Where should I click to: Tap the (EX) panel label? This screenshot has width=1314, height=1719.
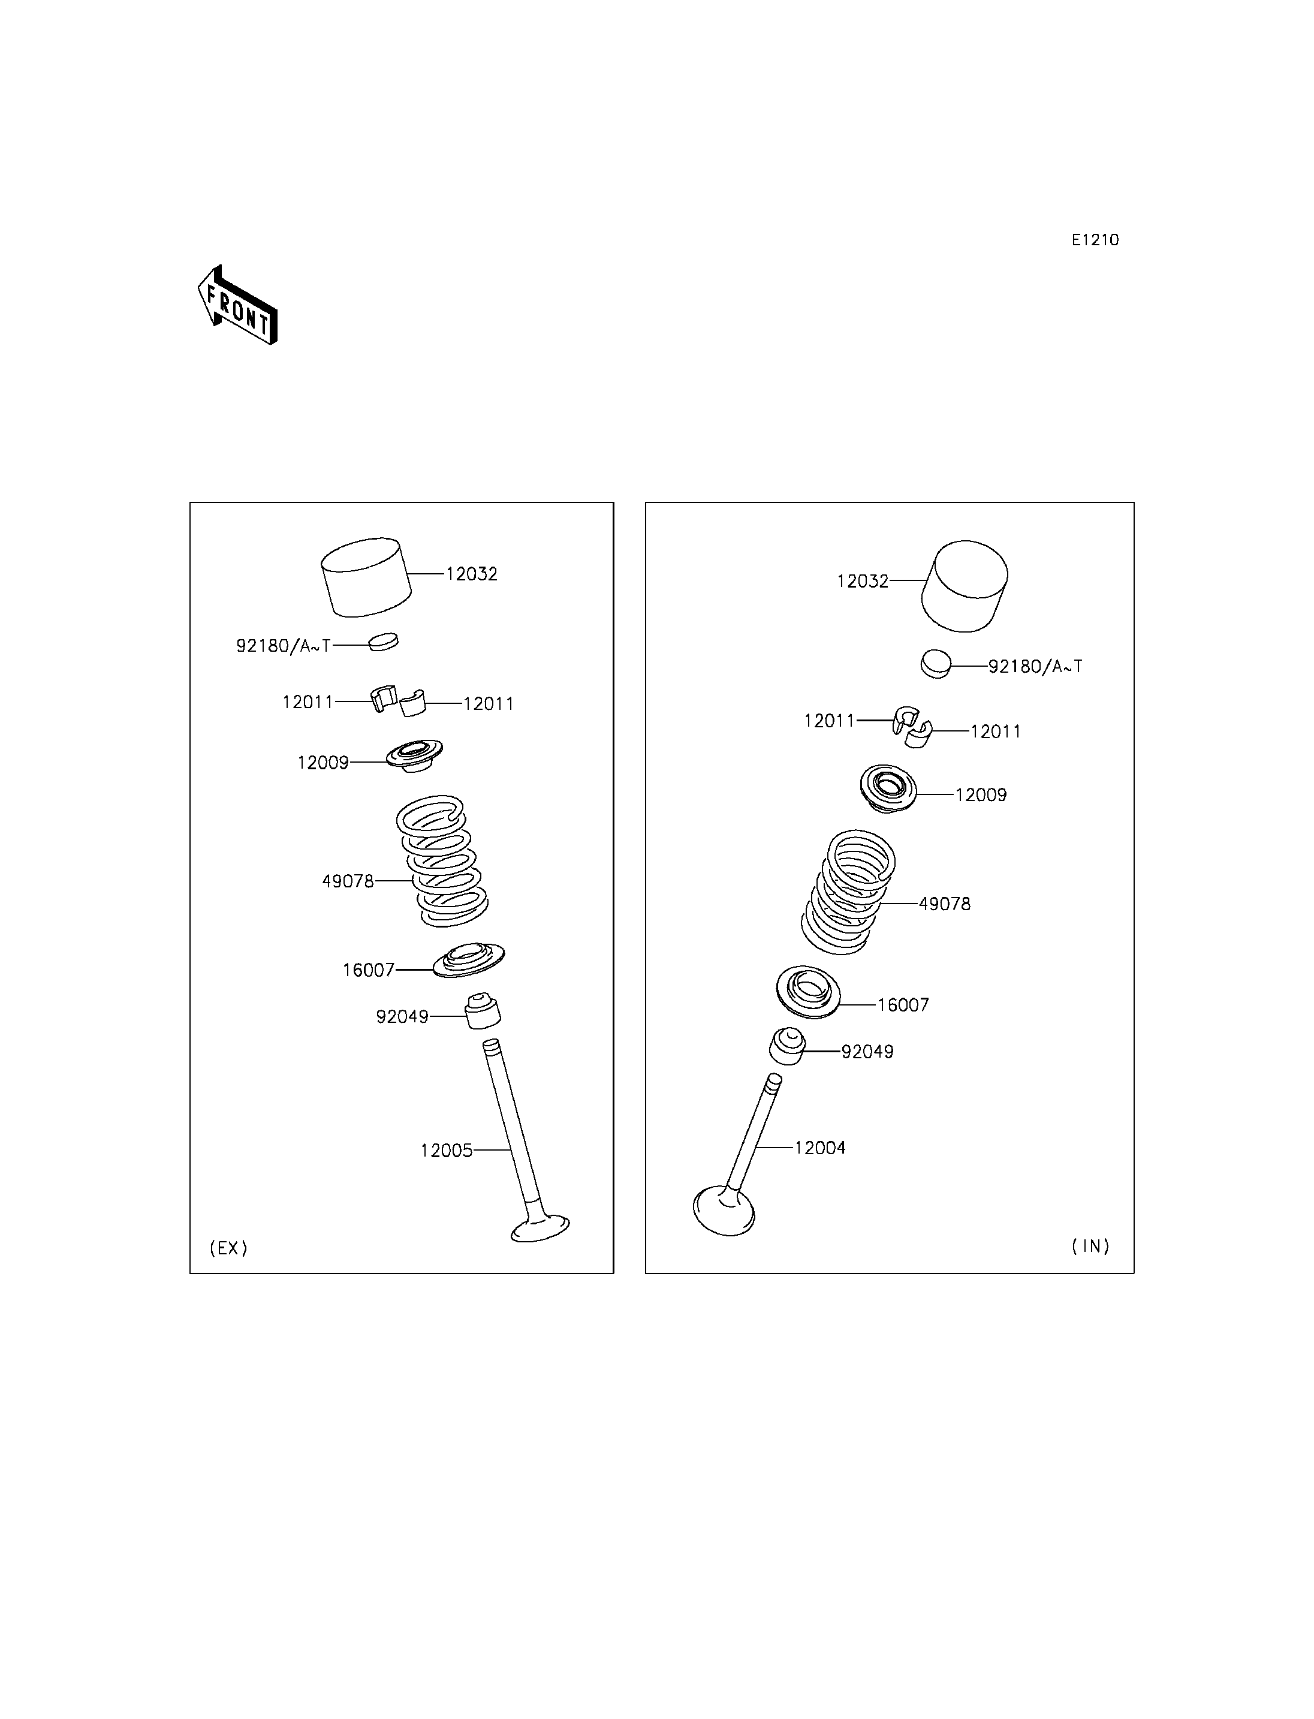(228, 1248)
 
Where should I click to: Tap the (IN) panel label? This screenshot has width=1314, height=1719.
(1090, 1245)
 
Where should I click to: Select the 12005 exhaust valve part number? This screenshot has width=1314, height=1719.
(447, 1150)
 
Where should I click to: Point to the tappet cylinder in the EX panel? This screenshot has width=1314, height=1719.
(367, 577)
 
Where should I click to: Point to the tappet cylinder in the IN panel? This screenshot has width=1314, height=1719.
(965, 586)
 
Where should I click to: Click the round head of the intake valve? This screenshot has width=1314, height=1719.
(724, 1211)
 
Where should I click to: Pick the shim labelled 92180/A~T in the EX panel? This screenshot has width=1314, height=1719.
(383, 641)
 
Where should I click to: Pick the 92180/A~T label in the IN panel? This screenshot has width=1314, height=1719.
(1035, 667)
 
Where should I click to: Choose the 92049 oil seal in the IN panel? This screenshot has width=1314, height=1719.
(788, 1046)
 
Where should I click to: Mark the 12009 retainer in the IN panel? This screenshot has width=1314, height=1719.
(888, 788)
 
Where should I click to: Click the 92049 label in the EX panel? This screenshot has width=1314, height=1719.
(402, 1016)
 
